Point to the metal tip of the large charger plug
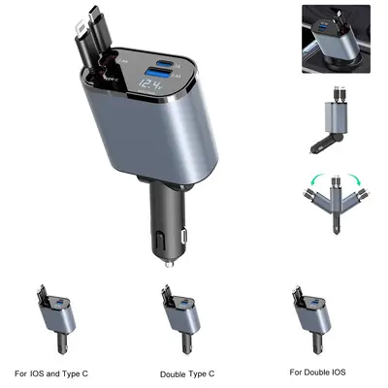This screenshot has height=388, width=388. coord(170,262)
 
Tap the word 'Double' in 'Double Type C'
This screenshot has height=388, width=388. coord(176,373)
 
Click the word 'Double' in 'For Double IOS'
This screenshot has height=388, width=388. coord(321,372)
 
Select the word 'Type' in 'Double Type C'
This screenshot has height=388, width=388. coord(205,373)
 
